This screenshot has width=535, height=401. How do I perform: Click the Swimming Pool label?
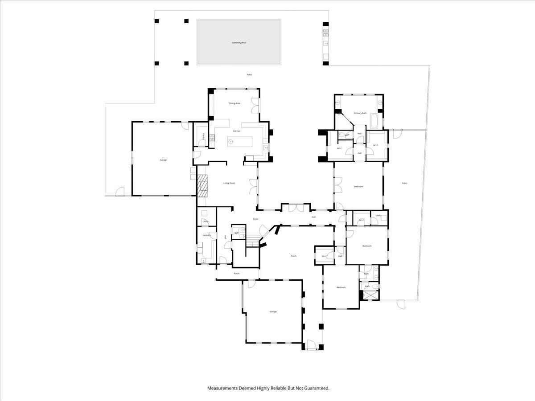239,43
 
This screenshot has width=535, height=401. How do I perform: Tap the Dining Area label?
235,103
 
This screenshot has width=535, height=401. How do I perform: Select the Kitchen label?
237,131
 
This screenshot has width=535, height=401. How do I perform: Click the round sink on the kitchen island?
231,142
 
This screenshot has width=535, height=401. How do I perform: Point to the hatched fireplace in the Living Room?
203,185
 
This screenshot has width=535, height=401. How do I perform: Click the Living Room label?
229,183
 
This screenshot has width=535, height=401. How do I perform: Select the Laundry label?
206,235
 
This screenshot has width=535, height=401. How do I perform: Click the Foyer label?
256,219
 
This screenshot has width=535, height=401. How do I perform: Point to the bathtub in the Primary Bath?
374,121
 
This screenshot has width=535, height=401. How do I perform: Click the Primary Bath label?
360,114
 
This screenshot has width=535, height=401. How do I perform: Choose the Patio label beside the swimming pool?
250,75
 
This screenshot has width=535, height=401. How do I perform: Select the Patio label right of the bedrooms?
404,183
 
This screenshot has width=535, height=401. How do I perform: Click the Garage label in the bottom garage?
273,312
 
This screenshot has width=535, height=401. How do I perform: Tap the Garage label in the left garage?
163,160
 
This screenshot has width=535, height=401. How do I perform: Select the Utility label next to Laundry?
206,221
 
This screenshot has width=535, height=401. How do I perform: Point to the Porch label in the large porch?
293,256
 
